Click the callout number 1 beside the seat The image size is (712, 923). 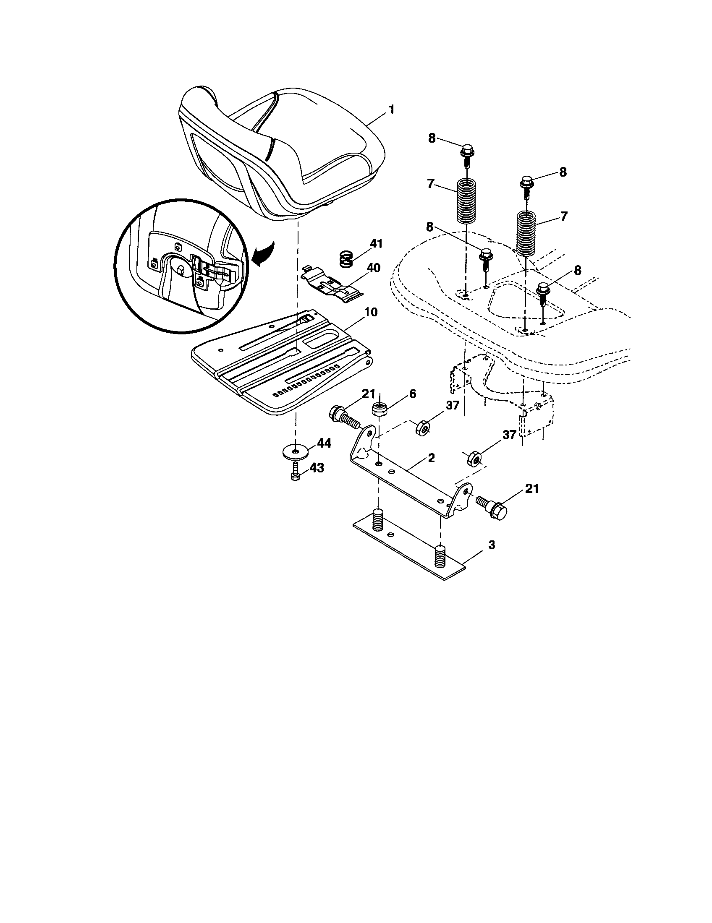coord(392,110)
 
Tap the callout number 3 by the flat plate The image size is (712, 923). coord(491,545)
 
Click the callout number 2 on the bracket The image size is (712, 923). coord(431,458)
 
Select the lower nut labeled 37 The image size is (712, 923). coord(474,458)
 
